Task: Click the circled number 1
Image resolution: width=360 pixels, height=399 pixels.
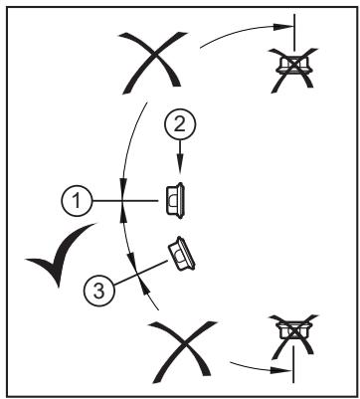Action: [77, 201]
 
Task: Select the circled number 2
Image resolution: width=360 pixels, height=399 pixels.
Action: [180, 125]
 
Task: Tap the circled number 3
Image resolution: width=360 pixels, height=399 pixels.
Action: [99, 291]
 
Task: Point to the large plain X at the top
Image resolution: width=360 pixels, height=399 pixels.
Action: [152, 62]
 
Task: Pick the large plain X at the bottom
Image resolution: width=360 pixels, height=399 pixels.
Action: [182, 351]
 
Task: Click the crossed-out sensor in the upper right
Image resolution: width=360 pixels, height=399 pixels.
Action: [293, 70]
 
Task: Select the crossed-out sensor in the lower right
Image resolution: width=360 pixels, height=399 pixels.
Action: [293, 337]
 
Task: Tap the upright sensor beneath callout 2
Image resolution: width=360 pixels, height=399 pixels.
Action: [175, 201]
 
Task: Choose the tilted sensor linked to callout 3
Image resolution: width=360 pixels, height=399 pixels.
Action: [181, 254]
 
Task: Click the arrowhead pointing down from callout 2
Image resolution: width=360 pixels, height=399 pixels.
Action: [180, 166]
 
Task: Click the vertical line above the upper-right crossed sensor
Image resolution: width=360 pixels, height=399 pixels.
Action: [294, 33]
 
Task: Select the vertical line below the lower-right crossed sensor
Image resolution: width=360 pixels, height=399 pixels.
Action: [293, 364]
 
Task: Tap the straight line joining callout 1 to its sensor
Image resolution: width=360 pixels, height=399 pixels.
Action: [124, 201]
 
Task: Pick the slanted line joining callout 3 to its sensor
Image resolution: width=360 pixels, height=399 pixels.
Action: [141, 273]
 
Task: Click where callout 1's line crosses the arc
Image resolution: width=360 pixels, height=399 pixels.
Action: [122, 201]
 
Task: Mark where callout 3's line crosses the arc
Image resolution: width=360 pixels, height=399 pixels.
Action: [137, 274]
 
